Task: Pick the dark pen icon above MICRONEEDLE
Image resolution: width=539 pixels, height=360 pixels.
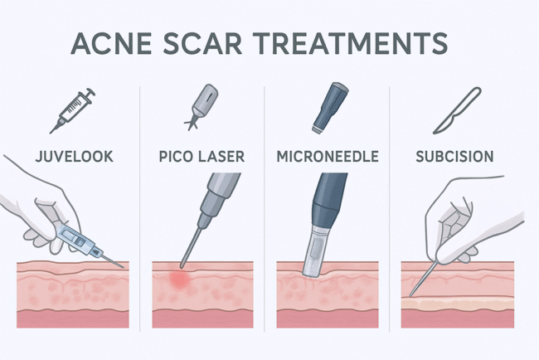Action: tap(326, 106)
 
